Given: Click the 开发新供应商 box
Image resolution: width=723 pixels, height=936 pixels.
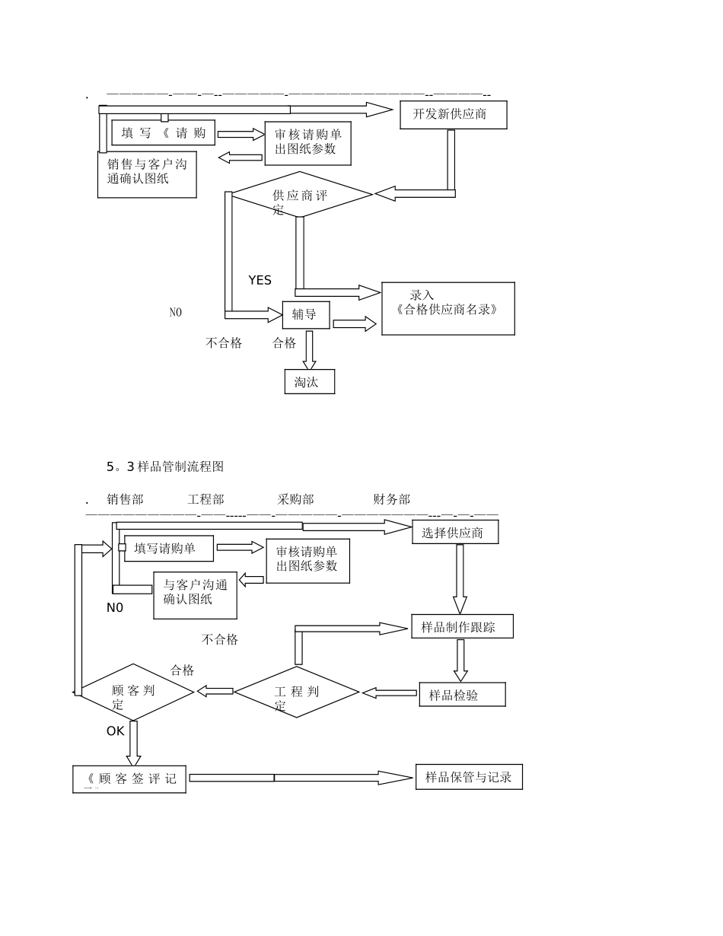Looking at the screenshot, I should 453,114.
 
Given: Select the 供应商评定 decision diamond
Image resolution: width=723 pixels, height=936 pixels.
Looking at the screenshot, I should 301,195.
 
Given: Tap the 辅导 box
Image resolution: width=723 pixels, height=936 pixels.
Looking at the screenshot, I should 306,314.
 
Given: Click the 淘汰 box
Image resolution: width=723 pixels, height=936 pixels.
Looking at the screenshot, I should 309,382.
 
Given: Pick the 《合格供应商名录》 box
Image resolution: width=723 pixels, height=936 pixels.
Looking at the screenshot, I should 447,308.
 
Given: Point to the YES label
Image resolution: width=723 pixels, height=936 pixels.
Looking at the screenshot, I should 260,280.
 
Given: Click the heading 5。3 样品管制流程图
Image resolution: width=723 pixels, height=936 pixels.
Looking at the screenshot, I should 165,466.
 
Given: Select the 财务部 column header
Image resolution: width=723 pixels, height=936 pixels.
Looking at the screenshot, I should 391,499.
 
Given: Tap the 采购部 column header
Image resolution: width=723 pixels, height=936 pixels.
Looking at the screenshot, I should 295,499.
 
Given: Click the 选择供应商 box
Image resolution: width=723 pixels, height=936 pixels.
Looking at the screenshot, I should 455,533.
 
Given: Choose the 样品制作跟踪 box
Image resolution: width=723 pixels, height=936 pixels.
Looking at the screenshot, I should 462,626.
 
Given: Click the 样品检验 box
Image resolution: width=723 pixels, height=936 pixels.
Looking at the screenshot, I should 462,695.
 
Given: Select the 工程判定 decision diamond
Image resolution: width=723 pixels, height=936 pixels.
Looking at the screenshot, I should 296,692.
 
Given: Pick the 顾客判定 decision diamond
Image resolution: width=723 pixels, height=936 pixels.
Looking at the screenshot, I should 137,692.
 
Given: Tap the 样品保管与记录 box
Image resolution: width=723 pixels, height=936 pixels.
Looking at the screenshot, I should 469,777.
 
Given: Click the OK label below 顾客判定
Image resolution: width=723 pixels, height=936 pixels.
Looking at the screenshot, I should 115,731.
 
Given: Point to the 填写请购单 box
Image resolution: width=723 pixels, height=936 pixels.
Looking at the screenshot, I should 169,548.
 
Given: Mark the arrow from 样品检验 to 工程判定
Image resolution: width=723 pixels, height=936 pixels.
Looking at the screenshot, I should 389,692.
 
